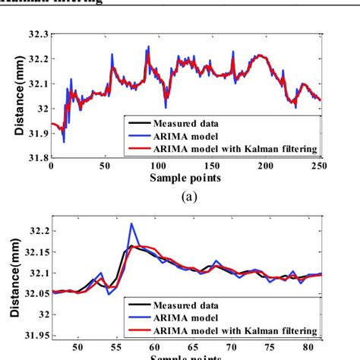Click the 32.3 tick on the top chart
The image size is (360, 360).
click(35, 36)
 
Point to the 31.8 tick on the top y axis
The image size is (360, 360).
click(35, 157)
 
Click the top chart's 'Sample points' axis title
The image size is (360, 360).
click(185, 178)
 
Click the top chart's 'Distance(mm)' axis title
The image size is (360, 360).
click(17, 96)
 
